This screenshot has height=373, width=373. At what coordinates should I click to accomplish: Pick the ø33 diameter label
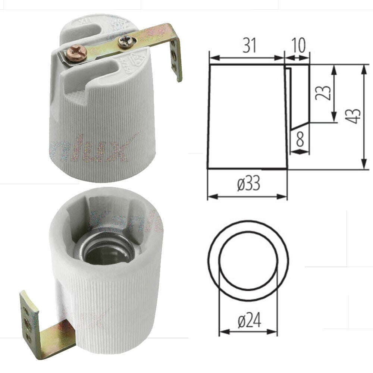248,184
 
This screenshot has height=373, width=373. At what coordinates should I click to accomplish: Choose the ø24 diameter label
249,320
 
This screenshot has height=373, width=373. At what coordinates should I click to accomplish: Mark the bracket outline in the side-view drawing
298,97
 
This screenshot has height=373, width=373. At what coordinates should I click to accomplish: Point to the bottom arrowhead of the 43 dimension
363,166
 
